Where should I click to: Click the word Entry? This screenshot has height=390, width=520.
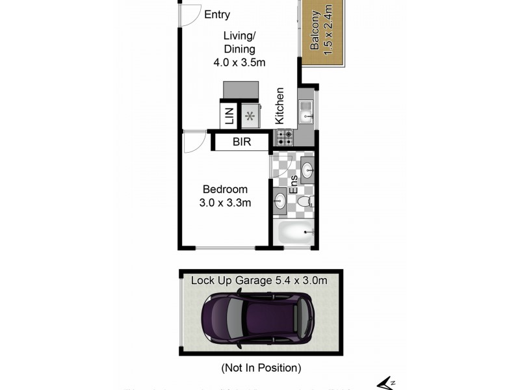pos(216,15)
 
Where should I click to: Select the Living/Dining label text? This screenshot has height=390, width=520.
pos(239,42)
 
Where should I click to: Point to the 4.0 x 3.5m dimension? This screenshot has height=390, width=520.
pos(239,63)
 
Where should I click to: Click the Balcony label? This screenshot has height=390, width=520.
pos(315,31)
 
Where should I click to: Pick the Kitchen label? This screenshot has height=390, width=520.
pos(279,106)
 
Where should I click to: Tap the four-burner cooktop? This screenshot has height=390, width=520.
pos(284,137)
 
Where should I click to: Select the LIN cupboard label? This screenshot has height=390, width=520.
pos(229,116)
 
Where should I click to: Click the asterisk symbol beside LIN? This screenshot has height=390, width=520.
pos(250,116)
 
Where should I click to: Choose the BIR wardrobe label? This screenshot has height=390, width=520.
pos(242,142)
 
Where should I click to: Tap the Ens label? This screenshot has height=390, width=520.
pos(293,185)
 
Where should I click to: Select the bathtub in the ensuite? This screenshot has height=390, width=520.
pos(294,232)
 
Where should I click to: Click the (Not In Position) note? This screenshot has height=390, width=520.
pos(261,368)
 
